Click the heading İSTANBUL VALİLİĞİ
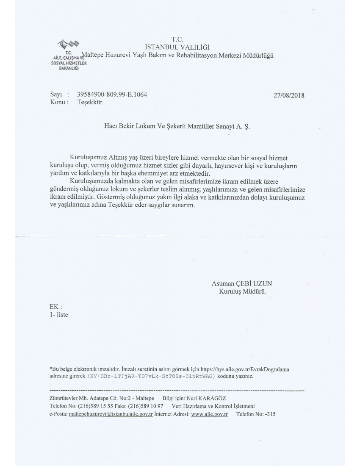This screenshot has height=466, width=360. pos(177,47)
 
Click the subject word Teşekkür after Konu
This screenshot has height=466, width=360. pos(90,102)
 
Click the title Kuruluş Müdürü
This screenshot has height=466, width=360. pos(241,291)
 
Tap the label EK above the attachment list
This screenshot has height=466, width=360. pos(55,307)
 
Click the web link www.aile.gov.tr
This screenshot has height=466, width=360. pos(209,414)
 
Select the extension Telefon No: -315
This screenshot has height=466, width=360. pos(256,414)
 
